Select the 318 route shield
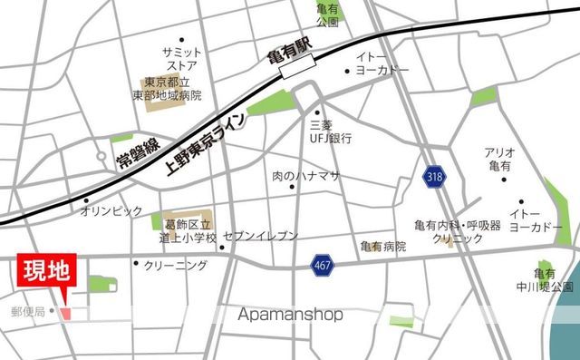tap(434, 179)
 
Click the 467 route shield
tap(320, 265)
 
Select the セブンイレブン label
tap(259, 236)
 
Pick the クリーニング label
tap(176, 265)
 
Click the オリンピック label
tap(111, 210)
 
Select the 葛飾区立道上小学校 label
tap(189, 231)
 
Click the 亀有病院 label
tap(382, 246)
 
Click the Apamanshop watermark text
tap(290, 316)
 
